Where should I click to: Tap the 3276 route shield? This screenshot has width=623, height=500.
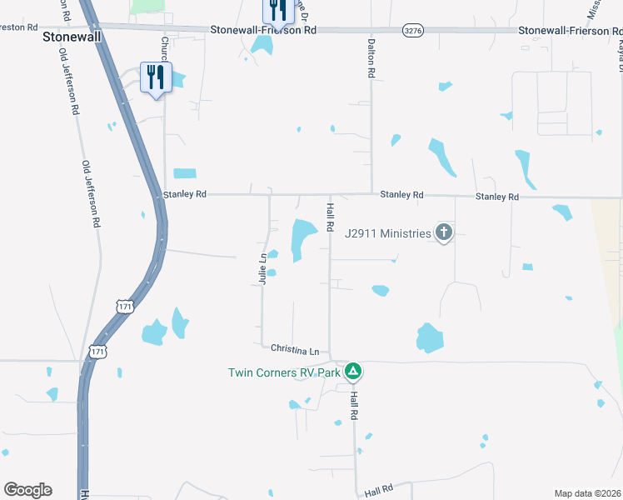click(411, 30)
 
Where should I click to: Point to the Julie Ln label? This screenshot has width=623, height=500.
click(262, 269)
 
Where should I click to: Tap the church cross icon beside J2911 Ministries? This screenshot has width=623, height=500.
click(444, 233)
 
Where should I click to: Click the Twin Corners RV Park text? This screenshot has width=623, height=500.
click(284, 372)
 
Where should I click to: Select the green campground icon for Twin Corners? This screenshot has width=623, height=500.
click(353, 371)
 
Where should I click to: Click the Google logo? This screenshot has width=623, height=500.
click(27, 490)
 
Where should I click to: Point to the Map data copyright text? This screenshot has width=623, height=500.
click(587, 493)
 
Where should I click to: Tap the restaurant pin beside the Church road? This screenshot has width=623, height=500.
click(156, 77)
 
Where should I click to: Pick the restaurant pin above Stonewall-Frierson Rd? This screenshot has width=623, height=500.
click(277, 8)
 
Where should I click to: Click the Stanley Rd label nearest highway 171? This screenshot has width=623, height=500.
click(184, 194)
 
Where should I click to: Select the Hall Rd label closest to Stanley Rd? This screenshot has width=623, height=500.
click(331, 217)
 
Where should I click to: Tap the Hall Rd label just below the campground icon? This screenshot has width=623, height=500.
click(354, 404)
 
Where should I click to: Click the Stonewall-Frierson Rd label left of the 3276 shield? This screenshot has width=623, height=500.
click(263, 30)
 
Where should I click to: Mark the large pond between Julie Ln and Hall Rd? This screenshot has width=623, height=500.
click(302, 237)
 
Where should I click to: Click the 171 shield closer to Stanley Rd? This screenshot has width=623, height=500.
click(124, 307)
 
